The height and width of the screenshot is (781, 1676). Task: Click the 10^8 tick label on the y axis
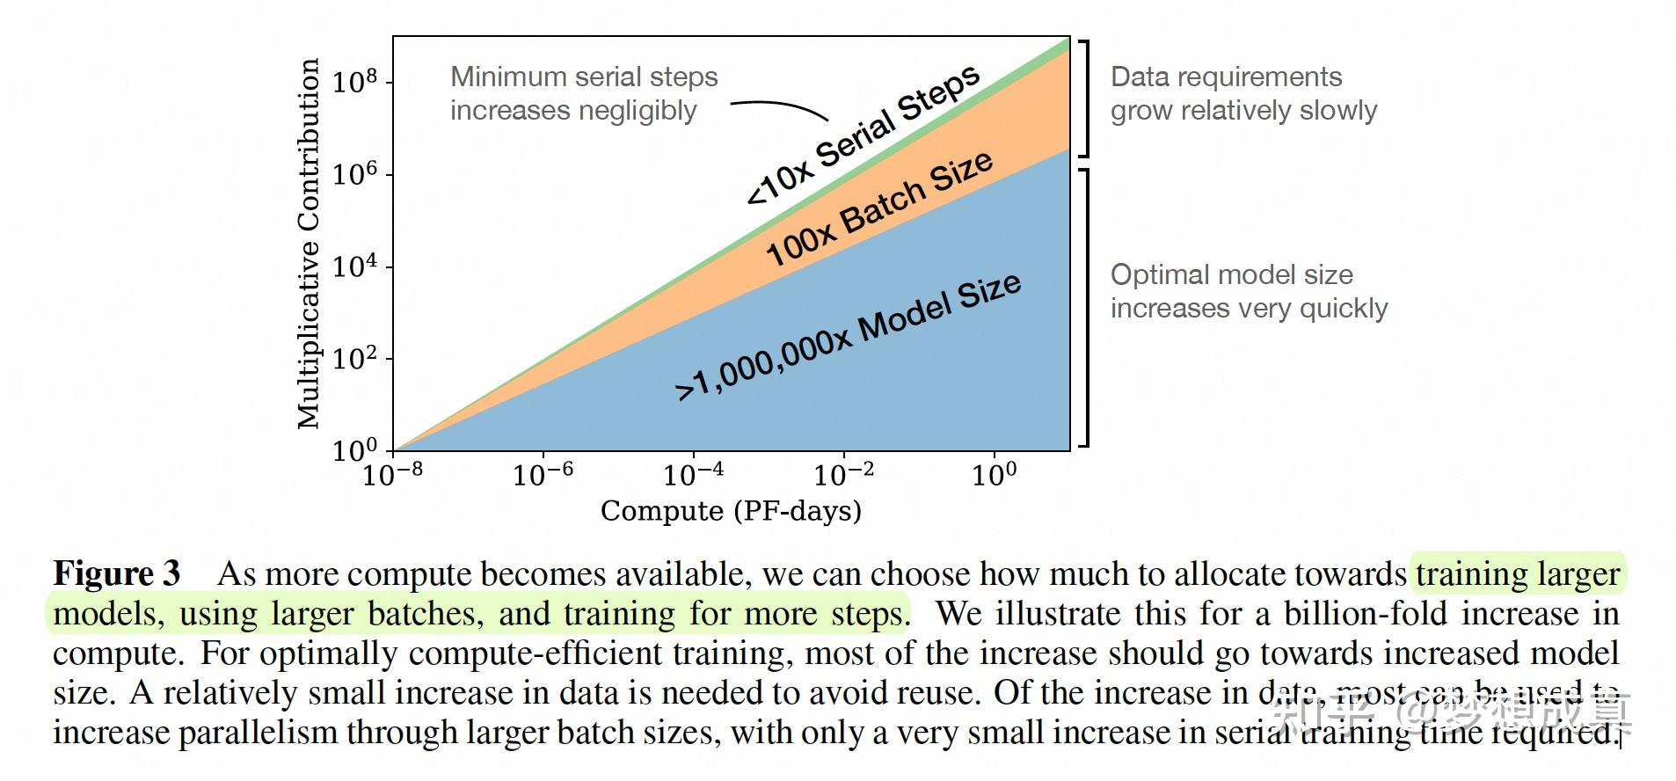pos(354,82)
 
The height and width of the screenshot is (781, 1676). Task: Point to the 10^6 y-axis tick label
pos(354,174)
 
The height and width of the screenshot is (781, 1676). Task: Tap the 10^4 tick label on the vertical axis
pos(354,266)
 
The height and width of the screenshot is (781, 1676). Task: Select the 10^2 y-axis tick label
pos(354,358)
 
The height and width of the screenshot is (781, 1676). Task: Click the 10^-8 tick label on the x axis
pos(392,474)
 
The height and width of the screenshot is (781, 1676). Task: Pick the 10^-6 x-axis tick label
pos(543,474)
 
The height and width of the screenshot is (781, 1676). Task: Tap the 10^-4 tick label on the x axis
pos(693,474)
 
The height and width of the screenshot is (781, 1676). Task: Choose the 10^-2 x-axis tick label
pos(843,474)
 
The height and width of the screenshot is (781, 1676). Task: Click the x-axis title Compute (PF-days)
pos(731,511)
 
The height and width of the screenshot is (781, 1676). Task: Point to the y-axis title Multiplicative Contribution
pos(308,244)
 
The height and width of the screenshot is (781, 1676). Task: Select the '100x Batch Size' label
pos(879,208)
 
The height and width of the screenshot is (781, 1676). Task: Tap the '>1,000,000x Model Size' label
pos(848,337)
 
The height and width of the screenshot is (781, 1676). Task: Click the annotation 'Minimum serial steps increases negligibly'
pos(583,93)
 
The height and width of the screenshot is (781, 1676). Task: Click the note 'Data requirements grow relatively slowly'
pos(1242,93)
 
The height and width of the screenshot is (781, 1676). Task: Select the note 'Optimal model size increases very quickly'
pos(1248,291)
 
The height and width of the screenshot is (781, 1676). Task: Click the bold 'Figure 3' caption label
pos(117,573)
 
